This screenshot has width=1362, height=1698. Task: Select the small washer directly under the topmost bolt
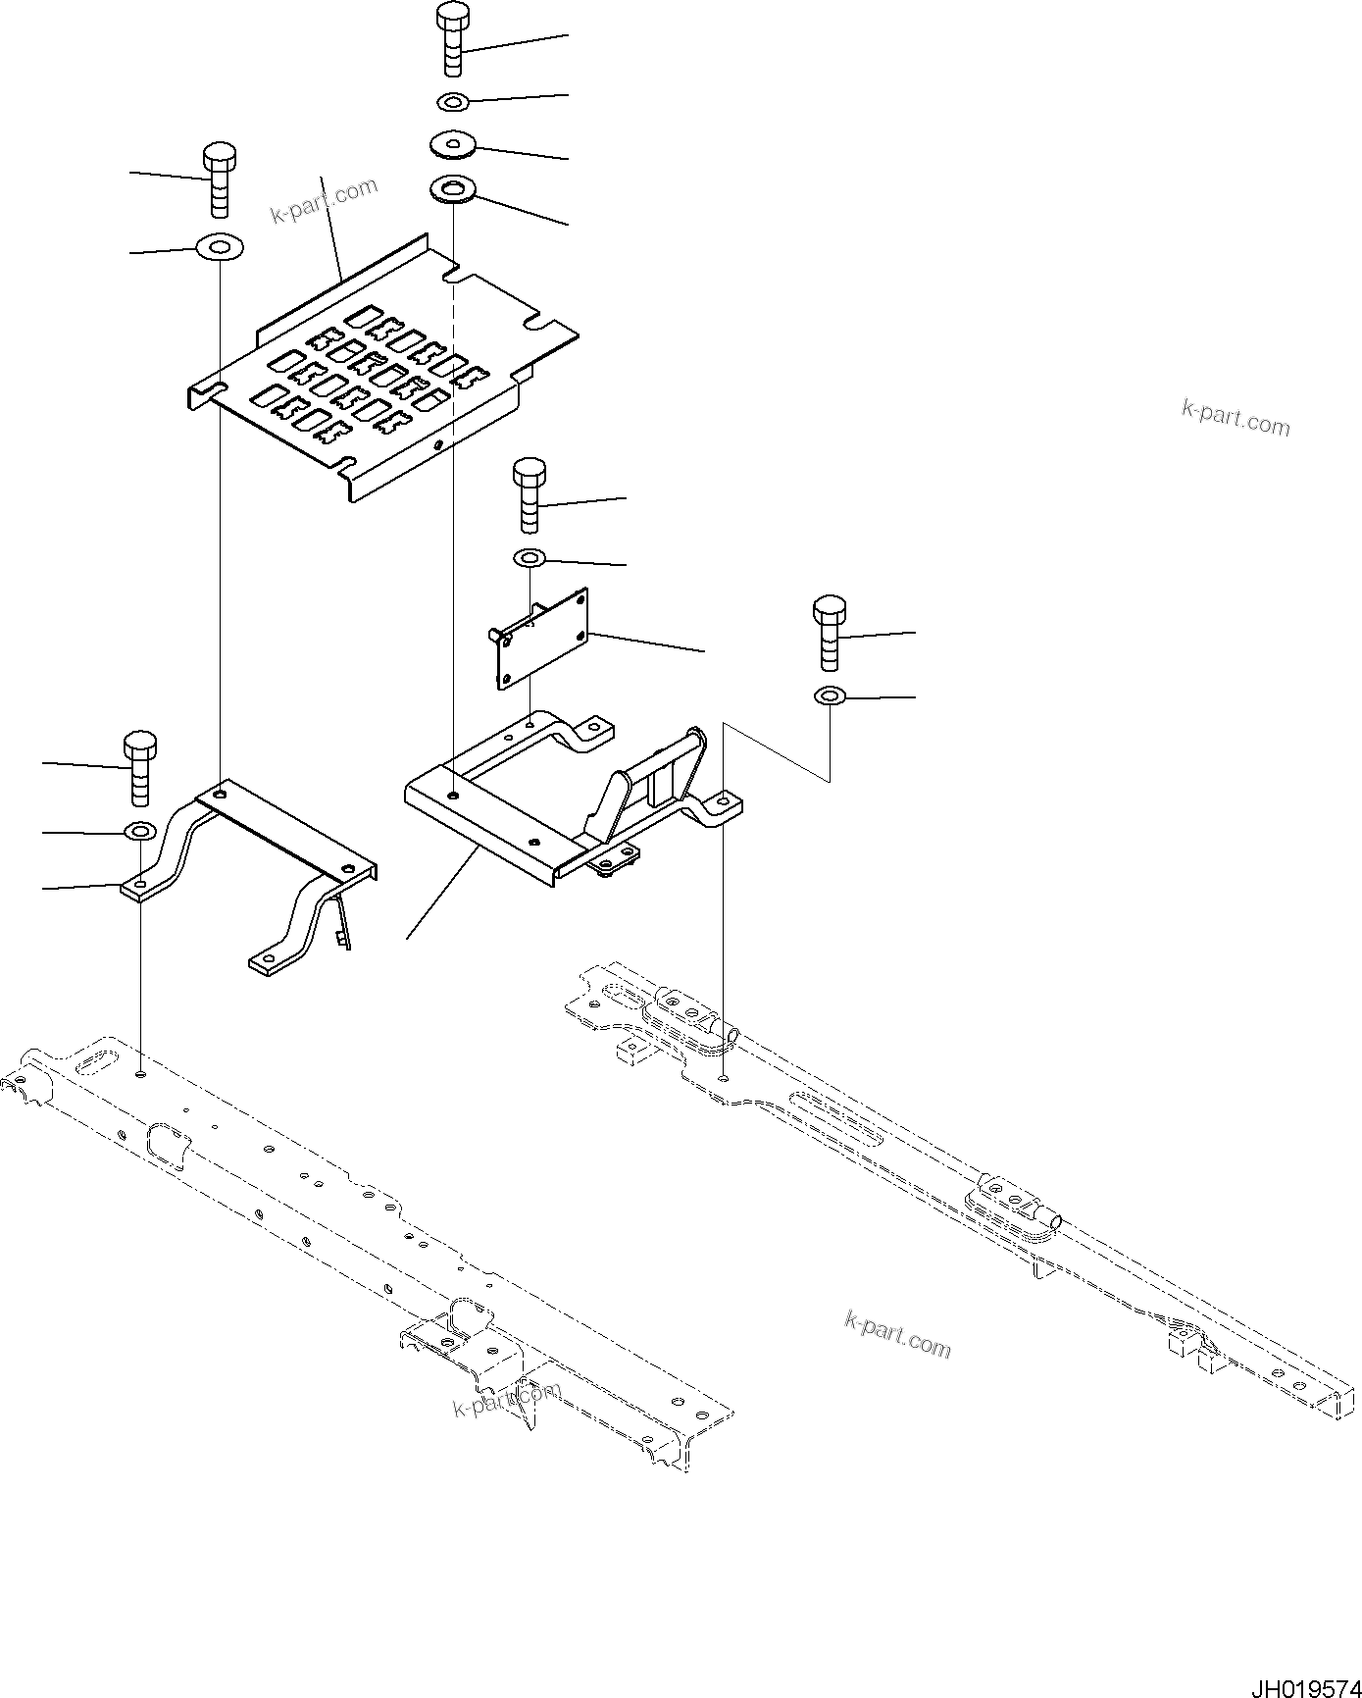point(452,101)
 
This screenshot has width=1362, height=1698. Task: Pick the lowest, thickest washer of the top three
point(453,188)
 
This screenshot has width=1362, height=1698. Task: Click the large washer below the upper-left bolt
point(220,246)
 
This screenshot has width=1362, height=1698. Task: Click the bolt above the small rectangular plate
point(530,495)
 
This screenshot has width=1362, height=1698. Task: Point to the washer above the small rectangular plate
point(530,558)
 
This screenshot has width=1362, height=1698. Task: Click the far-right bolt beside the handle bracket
point(830,631)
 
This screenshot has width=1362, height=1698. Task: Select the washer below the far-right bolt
point(830,696)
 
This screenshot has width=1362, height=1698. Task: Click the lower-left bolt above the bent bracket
point(139,765)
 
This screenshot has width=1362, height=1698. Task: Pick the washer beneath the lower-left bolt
point(140,832)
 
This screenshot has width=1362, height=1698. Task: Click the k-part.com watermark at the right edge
point(1236,418)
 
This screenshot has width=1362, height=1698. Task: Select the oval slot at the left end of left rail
point(94,1060)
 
